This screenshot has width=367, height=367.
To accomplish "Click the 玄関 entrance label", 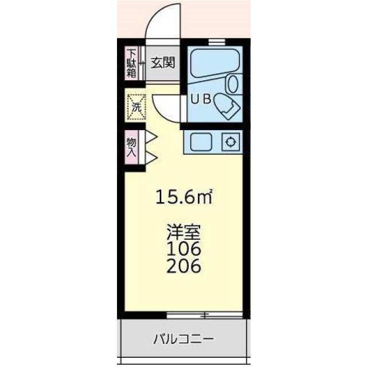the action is [x=163, y=63].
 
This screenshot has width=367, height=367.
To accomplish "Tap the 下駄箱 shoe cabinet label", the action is [x=131, y=64].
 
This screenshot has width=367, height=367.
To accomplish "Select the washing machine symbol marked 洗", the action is [x=136, y=108].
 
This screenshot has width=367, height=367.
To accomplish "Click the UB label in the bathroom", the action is [x=201, y=99].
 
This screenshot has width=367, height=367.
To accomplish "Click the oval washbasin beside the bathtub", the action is [x=233, y=84].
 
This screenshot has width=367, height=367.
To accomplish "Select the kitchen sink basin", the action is [x=201, y=142].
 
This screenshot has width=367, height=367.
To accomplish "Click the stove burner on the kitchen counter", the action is [x=231, y=142].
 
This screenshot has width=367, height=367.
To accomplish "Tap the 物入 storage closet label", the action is [x=131, y=147].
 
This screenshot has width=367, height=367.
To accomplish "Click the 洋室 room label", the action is [x=183, y=231].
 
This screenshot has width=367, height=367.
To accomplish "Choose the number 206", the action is [x=183, y=266].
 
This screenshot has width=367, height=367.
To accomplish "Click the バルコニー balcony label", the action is [x=183, y=339].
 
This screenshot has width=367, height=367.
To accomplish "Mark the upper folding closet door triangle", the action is [x=151, y=138].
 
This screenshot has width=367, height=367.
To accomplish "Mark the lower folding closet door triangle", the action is [x=151, y=157].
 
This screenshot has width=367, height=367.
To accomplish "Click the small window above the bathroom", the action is [x=217, y=42].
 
